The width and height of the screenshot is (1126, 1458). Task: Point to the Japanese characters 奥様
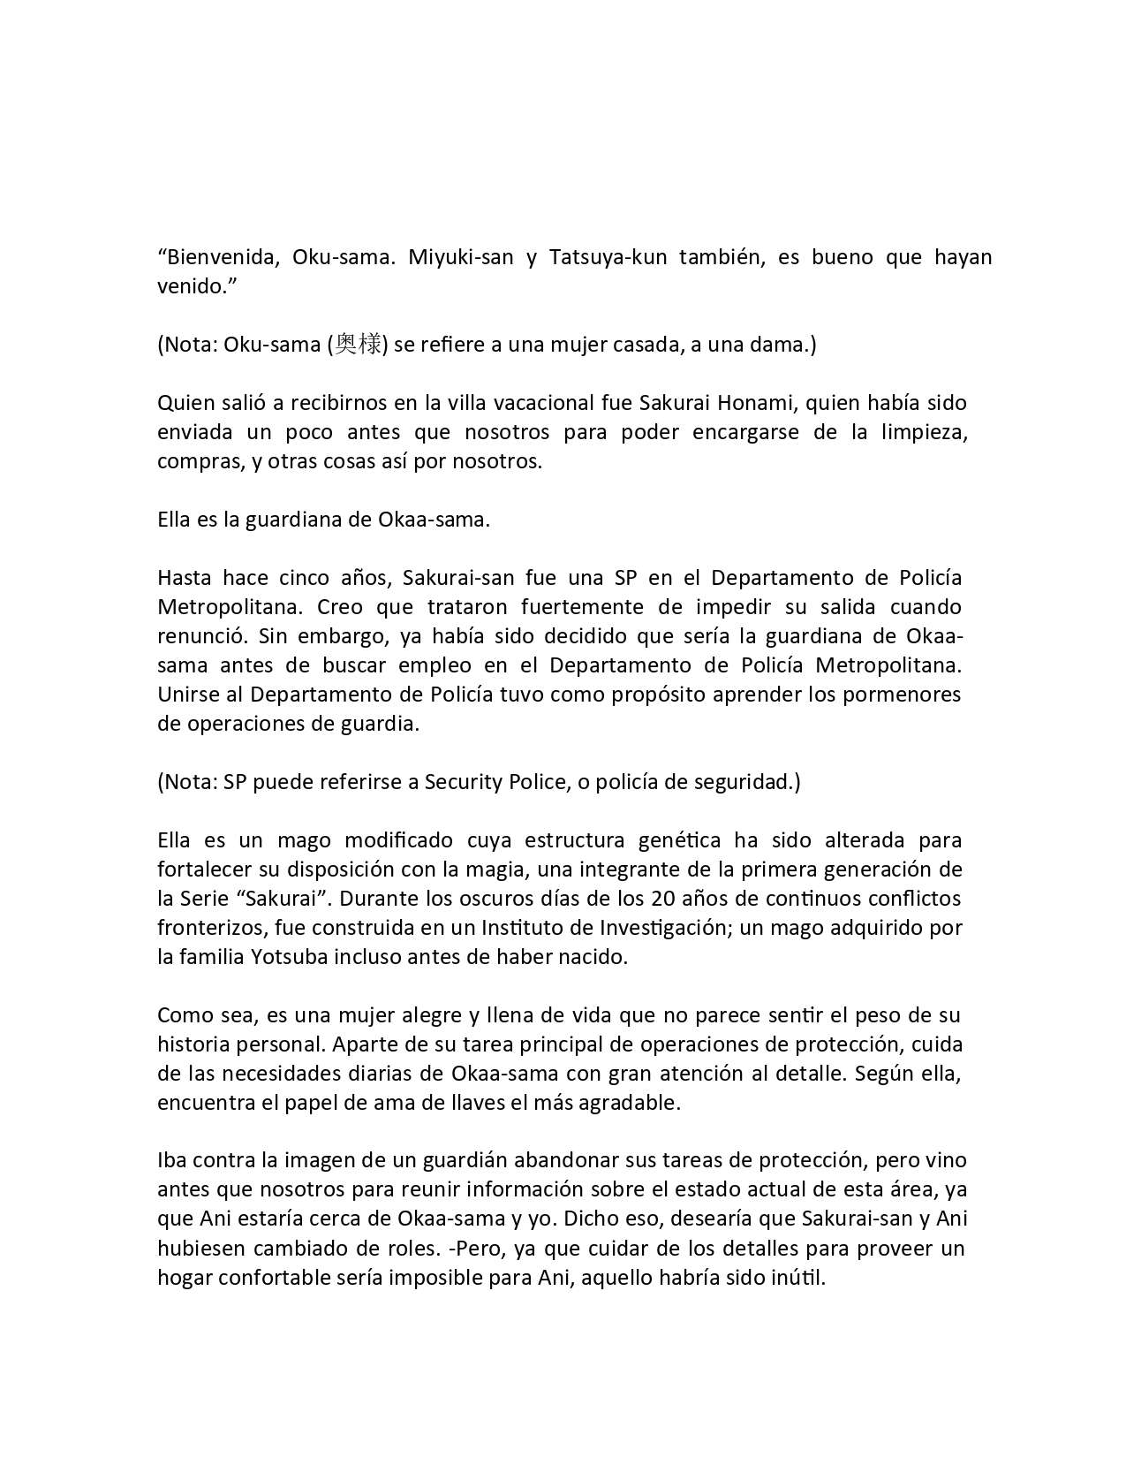pyautogui.click(x=358, y=345)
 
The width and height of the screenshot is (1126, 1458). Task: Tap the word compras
pyautogui.click(x=194, y=461)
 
